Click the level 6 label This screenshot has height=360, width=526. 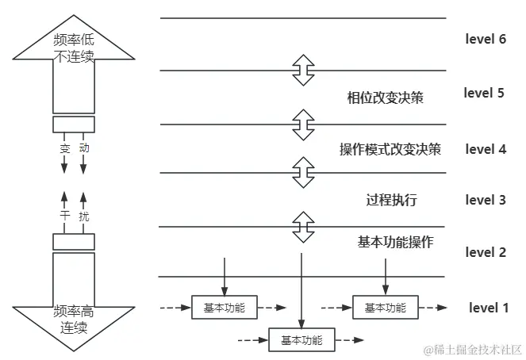tap(486, 39)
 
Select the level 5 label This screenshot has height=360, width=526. tap(484, 93)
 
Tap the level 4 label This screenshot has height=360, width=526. tap(486, 148)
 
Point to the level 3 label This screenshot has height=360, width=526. tap(486, 200)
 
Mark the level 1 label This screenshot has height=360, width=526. tap(488, 308)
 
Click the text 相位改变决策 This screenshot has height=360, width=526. tap(385, 98)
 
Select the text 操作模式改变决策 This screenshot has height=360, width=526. tap(390, 149)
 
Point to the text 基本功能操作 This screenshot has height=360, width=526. tap(395, 243)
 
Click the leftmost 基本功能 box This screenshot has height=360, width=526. tap(225, 308)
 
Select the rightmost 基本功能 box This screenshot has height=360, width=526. tap(385, 308)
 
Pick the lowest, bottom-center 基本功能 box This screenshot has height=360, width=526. tap(301, 340)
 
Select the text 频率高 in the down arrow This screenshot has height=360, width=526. tap(74, 312)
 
